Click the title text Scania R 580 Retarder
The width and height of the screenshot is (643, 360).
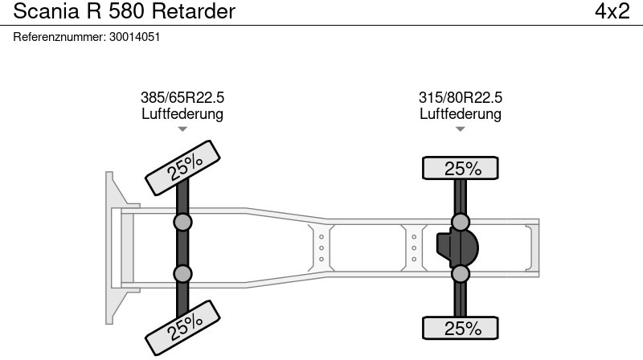point(124,11)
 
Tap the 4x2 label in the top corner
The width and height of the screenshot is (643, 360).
point(612,11)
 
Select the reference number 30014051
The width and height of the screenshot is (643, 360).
point(134,36)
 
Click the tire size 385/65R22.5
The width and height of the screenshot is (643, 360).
point(182,97)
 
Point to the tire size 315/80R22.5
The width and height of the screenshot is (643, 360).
point(461,97)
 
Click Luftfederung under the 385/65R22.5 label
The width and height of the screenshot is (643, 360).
point(182,113)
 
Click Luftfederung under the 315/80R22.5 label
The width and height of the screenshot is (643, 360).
point(461,113)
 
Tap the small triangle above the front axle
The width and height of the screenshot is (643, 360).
point(182,129)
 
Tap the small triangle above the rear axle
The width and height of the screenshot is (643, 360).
point(461,129)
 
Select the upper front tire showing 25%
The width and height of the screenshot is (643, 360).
point(183,166)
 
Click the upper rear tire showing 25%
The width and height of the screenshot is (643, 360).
point(461,168)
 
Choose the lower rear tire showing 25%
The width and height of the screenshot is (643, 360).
point(461,328)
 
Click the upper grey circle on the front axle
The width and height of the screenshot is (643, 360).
point(182,222)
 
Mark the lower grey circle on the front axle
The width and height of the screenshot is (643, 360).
point(182,273)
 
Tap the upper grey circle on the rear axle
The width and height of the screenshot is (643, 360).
point(461,222)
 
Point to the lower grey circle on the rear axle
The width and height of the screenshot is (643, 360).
point(461,274)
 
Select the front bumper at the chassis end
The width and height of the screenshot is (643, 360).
point(115,247)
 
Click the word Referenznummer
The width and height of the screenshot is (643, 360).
point(59,36)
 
